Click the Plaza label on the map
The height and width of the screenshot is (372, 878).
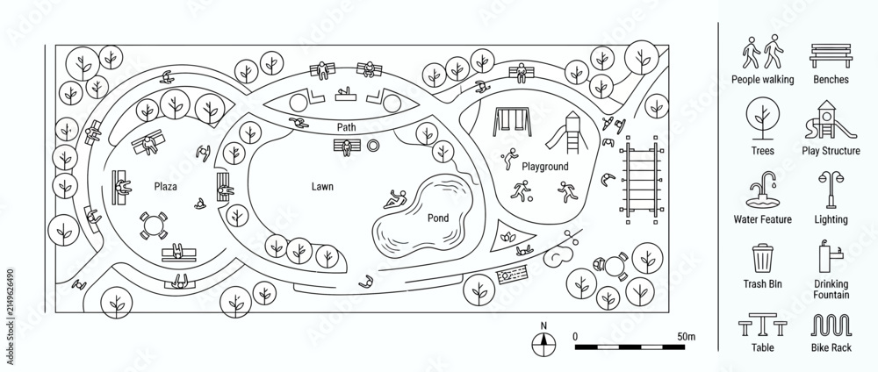(x=165, y=187)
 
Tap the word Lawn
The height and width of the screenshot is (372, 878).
(x=322, y=187)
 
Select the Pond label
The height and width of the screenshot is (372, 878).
(x=438, y=218)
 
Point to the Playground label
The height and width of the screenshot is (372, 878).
(x=545, y=167)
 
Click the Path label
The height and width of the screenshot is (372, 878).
(x=346, y=127)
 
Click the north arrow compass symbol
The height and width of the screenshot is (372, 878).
(x=543, y=343)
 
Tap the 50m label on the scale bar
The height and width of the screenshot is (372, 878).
(x=686, y=337)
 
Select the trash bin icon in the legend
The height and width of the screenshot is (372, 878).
(x=762, y=259)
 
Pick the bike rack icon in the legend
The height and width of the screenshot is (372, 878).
(x=831, y=325)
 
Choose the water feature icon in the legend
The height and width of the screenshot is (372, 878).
(x=762, y=190)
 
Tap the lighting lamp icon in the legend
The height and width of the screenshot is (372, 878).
(x=831, y=190)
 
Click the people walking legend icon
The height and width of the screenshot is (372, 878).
(x=763, y=52)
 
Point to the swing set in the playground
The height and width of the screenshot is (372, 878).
(x=512, y=123)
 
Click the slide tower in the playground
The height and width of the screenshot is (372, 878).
(x=566, y=132)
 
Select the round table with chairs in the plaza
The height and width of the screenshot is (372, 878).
(x=152, y=225)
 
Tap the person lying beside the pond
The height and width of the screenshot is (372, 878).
(x=396, y=199)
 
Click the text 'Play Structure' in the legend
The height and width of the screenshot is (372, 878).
(x=831, y=151)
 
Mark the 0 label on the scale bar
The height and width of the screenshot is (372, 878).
(x=576, y=337)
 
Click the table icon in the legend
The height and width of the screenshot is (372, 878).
(x=762, y=325)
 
